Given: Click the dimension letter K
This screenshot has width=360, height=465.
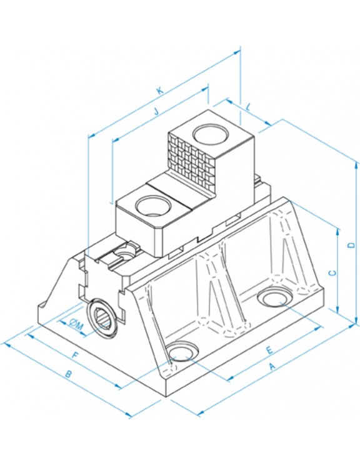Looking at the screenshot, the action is coord(159,90).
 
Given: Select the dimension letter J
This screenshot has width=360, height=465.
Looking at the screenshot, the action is coord(156,111).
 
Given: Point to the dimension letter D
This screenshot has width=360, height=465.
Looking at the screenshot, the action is coord(351,245).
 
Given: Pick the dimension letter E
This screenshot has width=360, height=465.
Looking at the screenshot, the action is coord(269,350).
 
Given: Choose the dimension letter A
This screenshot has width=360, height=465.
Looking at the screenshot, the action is coord(272,367).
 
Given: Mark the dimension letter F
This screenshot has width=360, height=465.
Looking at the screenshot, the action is coord(76,355).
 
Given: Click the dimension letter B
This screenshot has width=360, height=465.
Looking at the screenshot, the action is coord(68,374).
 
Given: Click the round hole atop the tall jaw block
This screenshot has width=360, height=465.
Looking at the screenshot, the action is coord(211,134).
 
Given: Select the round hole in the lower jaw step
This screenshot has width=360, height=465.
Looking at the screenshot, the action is coord(153,205).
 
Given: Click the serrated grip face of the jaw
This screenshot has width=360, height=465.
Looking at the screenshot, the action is coord(191,160).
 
